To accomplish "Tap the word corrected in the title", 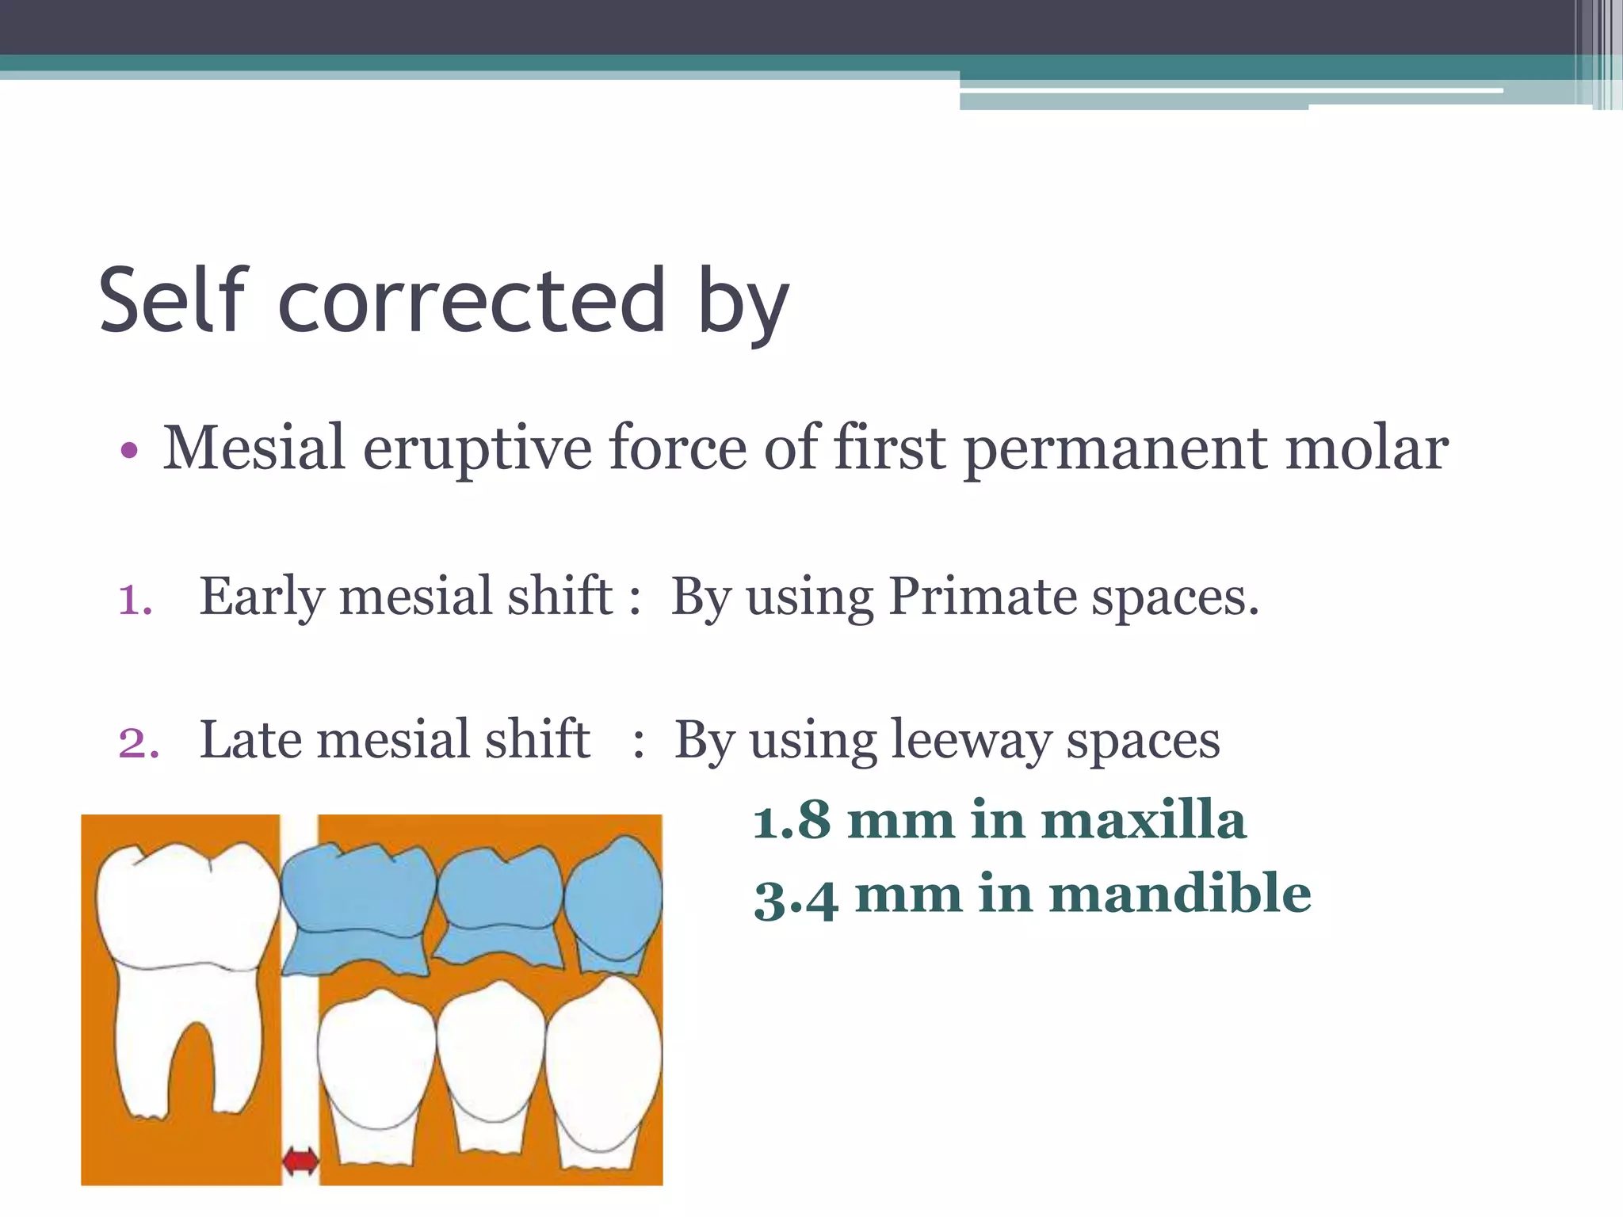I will tap(472, 301).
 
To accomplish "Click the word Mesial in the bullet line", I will tap(254, 448).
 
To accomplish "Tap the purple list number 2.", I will tap(138, 743).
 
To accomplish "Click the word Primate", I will tap(982, 596).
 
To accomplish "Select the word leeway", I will tap(971, 740).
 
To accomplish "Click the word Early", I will tap(262, 597).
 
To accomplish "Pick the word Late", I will tap(250, 740).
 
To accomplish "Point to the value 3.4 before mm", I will tap(796, 897).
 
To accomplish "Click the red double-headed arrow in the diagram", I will tap(300, 1162).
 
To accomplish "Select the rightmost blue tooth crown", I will tap(613, 899).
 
